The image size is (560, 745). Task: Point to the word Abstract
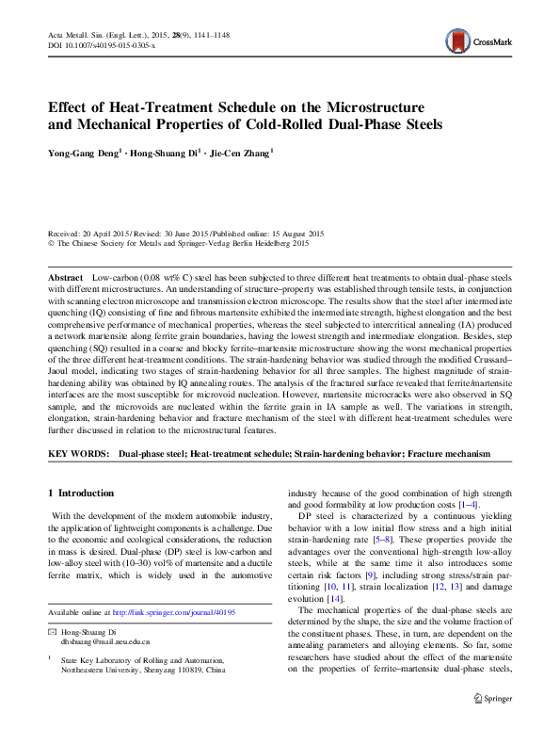pos(66,282)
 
